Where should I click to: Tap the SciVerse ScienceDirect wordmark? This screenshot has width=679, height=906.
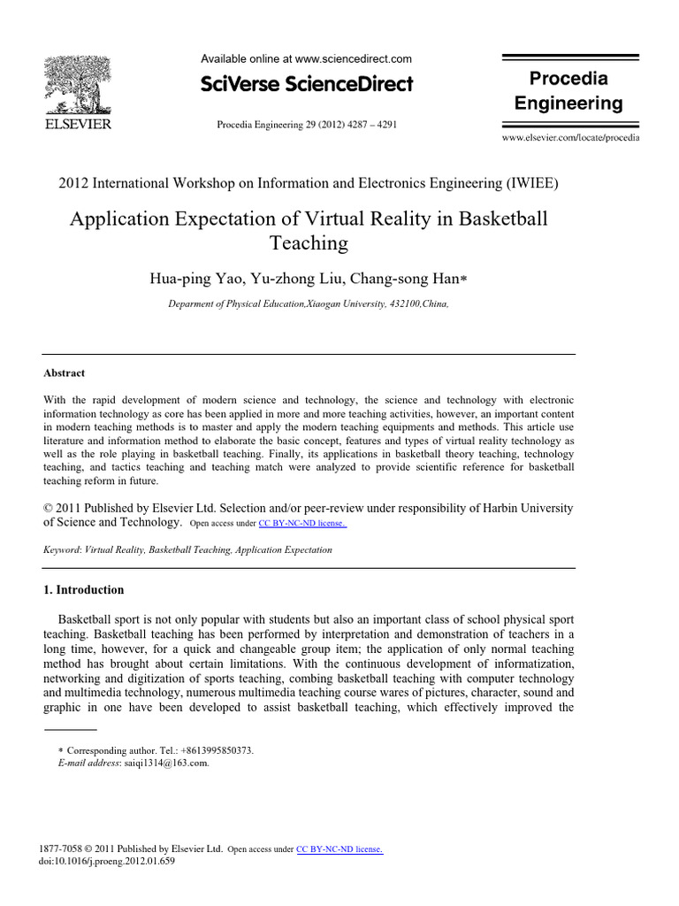click(x=307, y=85)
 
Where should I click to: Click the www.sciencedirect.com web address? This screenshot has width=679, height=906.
click(x=354, y=59)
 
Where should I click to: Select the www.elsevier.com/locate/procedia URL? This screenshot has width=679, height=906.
click(x=570, y=139)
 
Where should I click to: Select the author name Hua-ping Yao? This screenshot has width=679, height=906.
click(x=190, y=279)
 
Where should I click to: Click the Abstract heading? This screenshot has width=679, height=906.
click(x=65, y=373)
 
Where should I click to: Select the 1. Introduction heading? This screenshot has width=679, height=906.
click(x=84, y=590)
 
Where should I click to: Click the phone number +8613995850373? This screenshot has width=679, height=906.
click(x=207, y=750)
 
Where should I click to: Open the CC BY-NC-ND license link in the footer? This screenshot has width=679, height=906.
click(x=339, y=849)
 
